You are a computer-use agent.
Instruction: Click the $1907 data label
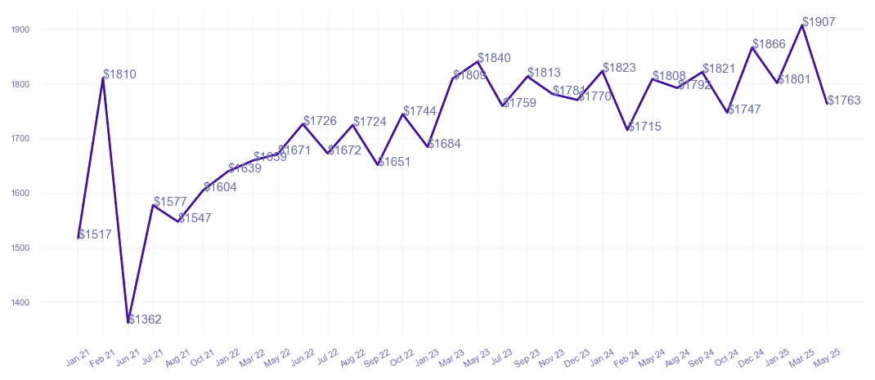coord(819,22)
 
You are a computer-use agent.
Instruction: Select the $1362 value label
coord(145,320)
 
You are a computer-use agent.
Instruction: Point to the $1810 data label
coord(119,74)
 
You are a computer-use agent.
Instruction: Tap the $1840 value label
coord(494,58)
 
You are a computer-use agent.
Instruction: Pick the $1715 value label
coord(644,127)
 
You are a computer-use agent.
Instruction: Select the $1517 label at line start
coord(94,235)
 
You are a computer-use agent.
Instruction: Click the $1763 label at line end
coord(844,101)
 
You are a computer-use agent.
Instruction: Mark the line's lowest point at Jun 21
coord(128,323)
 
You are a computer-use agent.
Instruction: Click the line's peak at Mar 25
coord(802,25)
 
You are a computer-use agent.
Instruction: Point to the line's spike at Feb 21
coord(103,78)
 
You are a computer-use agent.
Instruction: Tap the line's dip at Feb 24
coord(627,130)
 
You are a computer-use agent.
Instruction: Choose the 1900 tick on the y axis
coord(20,29)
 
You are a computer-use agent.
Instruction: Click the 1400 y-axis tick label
coord(20,302)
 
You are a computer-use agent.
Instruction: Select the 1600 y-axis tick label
coord(20,194)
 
